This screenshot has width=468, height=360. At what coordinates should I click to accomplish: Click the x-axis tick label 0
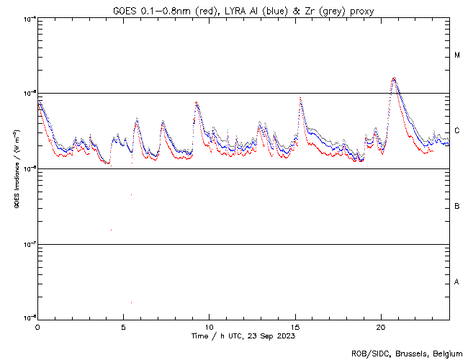point(37,326)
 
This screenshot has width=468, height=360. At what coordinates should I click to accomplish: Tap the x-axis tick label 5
point(123,326)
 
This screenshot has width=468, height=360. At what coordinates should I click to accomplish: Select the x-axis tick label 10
point(209,326)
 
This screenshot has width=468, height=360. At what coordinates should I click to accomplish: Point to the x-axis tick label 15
point(295,326)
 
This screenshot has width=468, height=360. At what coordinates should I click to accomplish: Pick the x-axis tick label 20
point(381,326)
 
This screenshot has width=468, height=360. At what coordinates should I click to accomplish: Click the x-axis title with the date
point(243,336)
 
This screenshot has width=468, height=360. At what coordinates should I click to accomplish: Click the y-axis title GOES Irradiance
point(16,169)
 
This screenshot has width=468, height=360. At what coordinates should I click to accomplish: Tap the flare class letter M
point(457,55)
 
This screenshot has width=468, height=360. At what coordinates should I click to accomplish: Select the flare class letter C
point(457,131)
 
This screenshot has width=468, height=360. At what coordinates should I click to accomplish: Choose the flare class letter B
point(457,207)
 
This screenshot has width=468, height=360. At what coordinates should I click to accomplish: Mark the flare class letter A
point(457,282)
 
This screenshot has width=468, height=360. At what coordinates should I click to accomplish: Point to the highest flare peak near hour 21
point(393,78)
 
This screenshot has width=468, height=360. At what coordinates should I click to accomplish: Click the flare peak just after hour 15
point(300,97)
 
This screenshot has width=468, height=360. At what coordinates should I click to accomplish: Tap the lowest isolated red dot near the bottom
point(131,302)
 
